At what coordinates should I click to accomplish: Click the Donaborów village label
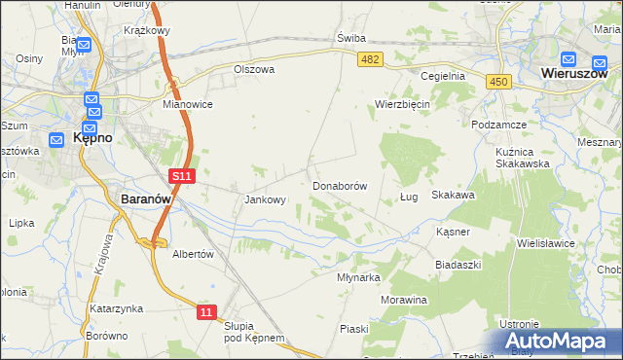point(339,185)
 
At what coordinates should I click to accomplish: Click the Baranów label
point(146,198)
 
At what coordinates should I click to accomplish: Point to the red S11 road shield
point(182,176)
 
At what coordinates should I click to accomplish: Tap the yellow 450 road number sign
point(499,83)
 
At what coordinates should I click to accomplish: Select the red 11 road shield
point(205,311)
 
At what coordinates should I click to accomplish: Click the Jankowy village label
point(264,200)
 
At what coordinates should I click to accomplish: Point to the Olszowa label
point(254,69)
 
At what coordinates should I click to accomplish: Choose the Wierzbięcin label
point(402,103)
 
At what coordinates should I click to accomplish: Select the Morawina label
point(404,300)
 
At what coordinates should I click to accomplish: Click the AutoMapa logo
point(563,342)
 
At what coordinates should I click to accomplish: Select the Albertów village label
point(192,254)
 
